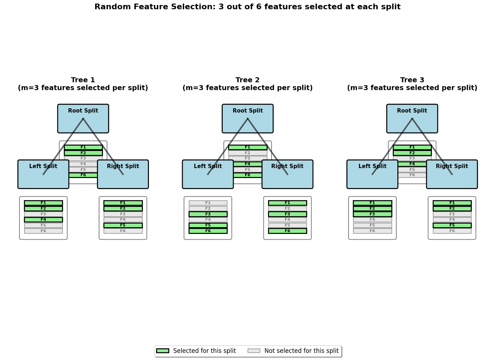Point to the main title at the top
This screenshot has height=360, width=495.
tap(247, 7)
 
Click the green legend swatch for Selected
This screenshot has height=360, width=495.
tap(163, 351)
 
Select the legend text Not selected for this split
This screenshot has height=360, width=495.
tap(301, 351)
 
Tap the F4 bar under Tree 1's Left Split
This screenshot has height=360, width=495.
tap(43, 220)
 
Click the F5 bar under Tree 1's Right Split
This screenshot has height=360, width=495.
tap(123, 225)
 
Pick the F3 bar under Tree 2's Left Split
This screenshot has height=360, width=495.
tap(208, 214)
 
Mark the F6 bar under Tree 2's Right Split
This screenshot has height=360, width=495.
tap(288, 231)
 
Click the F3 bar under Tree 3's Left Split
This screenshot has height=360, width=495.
tap(372, 214)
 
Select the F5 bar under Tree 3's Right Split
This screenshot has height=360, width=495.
tap(452, 225)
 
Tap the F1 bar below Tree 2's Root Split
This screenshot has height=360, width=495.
tap(248, 147)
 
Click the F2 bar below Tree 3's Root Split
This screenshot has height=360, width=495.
tap(412, 153)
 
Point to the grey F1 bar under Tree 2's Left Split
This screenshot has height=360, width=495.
tap(208, 203)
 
